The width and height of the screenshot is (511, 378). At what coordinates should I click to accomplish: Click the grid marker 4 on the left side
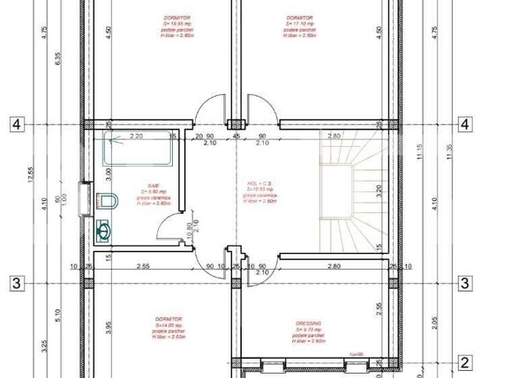click(x=16, y=123)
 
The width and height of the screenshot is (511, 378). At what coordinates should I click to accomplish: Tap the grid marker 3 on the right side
click(x=465, y=283)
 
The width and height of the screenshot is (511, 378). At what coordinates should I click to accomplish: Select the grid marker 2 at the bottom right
click(x=465, y=361)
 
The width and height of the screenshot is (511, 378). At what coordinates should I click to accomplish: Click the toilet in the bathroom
click(x=108, y=201)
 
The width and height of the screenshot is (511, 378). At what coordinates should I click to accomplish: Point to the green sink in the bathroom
click(x=104, y=231)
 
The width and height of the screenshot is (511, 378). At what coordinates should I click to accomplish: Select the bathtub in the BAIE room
click(x=137, y=149)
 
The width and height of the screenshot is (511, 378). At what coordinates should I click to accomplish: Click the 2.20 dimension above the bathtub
click(x=136, y=136)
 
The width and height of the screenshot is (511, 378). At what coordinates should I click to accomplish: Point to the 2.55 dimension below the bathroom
click(x=141, y=265)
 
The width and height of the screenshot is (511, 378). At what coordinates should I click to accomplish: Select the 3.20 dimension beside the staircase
click(x=378, y=188)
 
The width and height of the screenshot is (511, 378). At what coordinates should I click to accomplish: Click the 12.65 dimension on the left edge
click(x=31, y=176)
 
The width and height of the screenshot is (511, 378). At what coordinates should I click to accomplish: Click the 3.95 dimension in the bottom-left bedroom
click(x=108, y=328)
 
